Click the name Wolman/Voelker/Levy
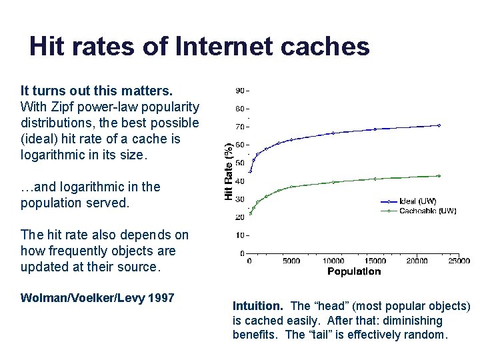pyautogui.click(x=81, y=297)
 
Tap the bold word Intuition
pyautogui.click(x=258, y=306)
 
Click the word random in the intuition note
pyautogui.click(x=424, y=335)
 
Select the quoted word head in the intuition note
pyautogui.click(x=333, y=306)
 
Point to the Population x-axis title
pyautogui.click(x=354, y=271)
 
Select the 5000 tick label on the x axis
pyautogui.click(x=291, y=261)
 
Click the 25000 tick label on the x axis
pyautogui.click(x=459, y=261)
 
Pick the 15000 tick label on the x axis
pyautogui.click(x=375, y=261)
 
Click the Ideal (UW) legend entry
pyautogui.click(x=417, y=201)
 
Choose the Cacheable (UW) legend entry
pyautogui.click(x=427, y=211)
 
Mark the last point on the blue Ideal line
pyautogui.click(x=439, y=125)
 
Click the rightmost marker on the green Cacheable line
pyautogui.click(x=439, y=176)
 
